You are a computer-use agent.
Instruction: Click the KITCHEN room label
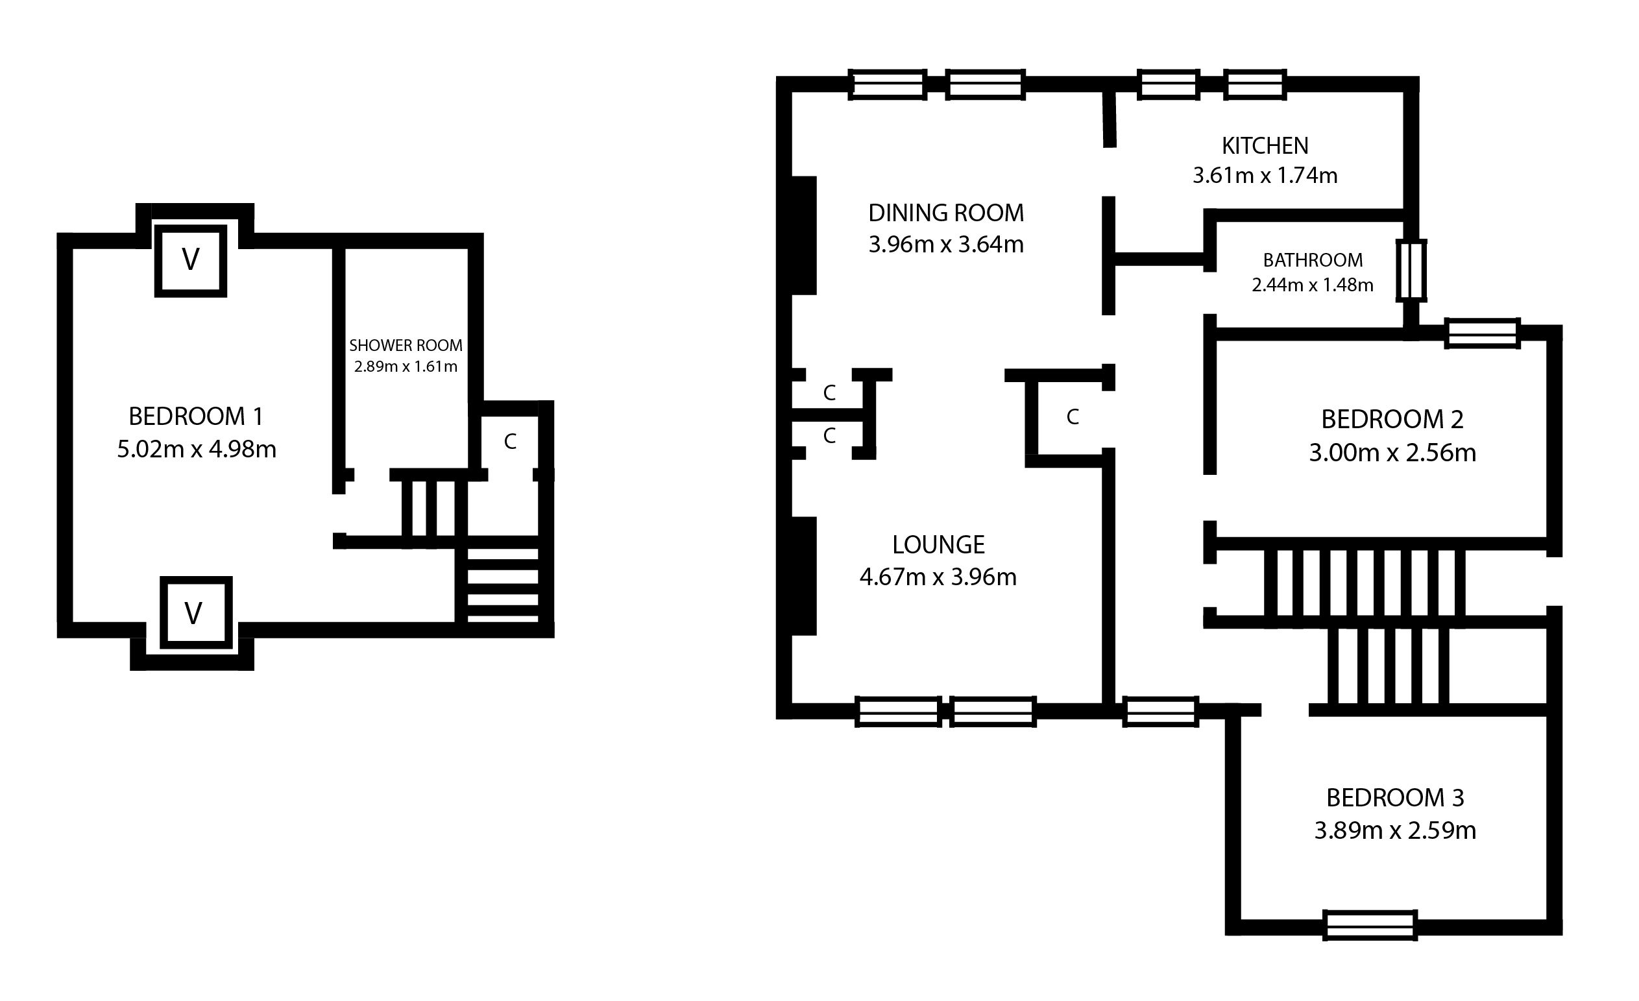click(x=1265, y=146)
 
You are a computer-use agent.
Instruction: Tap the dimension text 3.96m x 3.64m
click(x=945, y=245)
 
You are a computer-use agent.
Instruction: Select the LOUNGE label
click(x=938, y=545)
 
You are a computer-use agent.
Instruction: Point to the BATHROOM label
click(x=1313, y=260)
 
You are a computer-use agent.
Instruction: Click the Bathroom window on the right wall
click(x=1410, y=270)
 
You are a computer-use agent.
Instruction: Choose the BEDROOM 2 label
click(x=1392, y=420)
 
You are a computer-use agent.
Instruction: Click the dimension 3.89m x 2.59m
click(x=1395, y=831)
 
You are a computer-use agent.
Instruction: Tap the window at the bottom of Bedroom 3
click(x=1370, y=925)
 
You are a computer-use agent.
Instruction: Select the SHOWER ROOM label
click(x=406, y=346)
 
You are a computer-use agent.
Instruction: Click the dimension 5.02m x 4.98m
click(x=196, y=450)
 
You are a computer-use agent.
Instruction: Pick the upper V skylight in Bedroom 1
click(x=191, y=260)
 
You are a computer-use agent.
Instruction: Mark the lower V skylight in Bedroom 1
click(x=196, y=612)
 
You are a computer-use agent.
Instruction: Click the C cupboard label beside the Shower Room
click(x=510, y=442)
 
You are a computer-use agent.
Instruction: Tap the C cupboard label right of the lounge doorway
click(x=1073, y=417)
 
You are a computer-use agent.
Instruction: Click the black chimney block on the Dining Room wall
click(x=803, y=235)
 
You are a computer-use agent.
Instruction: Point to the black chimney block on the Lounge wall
click(x=803, y=576)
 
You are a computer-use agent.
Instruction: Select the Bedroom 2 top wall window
click(x=1483, y=333)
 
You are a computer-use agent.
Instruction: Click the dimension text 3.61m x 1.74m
click(x=1265, y=176)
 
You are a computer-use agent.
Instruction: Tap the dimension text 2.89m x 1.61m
click(x=406, y=367)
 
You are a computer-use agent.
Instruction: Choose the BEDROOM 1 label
click(x=196, y=417)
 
